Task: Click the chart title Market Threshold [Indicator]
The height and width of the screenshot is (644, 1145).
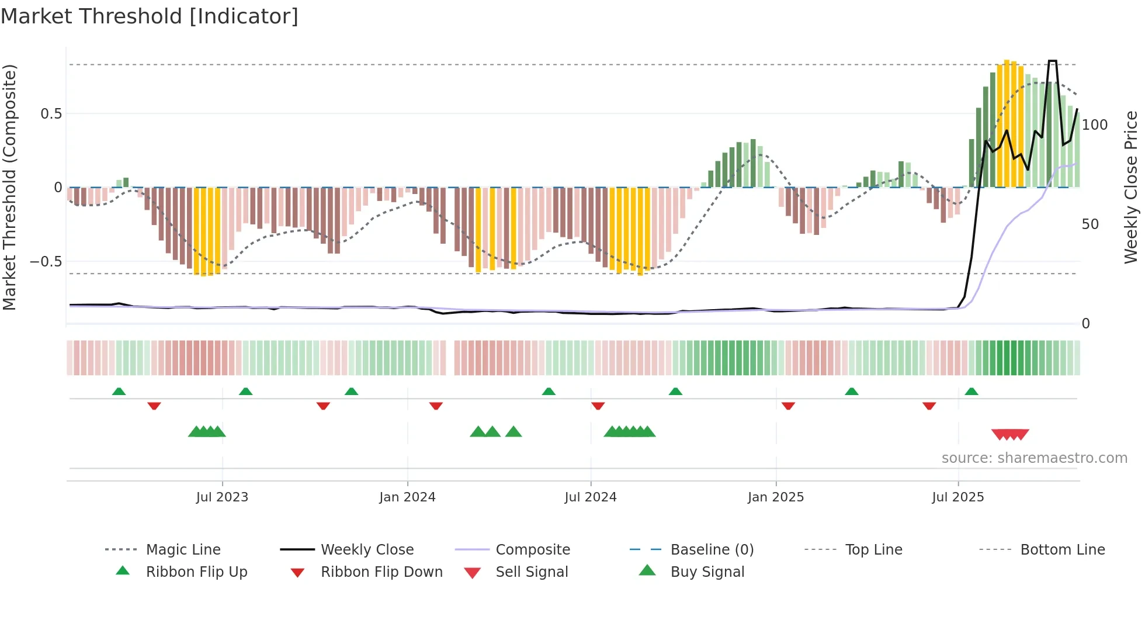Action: (150, 16)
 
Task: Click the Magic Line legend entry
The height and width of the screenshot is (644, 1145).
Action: (183, 550)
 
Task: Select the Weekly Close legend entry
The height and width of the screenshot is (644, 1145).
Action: (367, 550)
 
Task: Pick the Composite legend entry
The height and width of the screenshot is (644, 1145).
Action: (532, 550)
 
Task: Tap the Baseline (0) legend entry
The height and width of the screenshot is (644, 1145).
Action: (712, 550)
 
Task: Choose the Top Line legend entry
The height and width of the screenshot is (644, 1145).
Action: (873, 550)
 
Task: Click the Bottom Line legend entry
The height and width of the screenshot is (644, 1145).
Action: (1062, 550)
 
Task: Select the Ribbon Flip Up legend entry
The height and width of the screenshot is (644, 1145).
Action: (196, 572)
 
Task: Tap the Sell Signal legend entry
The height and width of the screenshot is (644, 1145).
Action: (531, 572)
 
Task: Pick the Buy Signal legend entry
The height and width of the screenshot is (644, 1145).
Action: (707, 572)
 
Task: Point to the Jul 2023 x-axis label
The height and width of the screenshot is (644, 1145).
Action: (222, 497)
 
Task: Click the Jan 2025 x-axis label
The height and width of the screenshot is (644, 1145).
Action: (776, 497)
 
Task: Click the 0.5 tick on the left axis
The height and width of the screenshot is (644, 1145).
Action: (51, 114)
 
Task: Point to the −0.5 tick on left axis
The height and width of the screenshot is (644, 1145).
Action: (46, 262)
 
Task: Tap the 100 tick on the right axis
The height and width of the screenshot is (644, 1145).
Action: (1094, 125)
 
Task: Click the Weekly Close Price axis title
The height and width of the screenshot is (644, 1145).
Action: (1131, 187)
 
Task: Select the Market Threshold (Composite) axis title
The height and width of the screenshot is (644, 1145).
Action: (9, 187)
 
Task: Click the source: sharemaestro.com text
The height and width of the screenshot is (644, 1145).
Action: (1034, 458)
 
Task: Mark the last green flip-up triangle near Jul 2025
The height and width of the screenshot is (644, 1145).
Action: (971, 392)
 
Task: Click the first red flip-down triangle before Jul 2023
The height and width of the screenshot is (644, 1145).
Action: (154, 406)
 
